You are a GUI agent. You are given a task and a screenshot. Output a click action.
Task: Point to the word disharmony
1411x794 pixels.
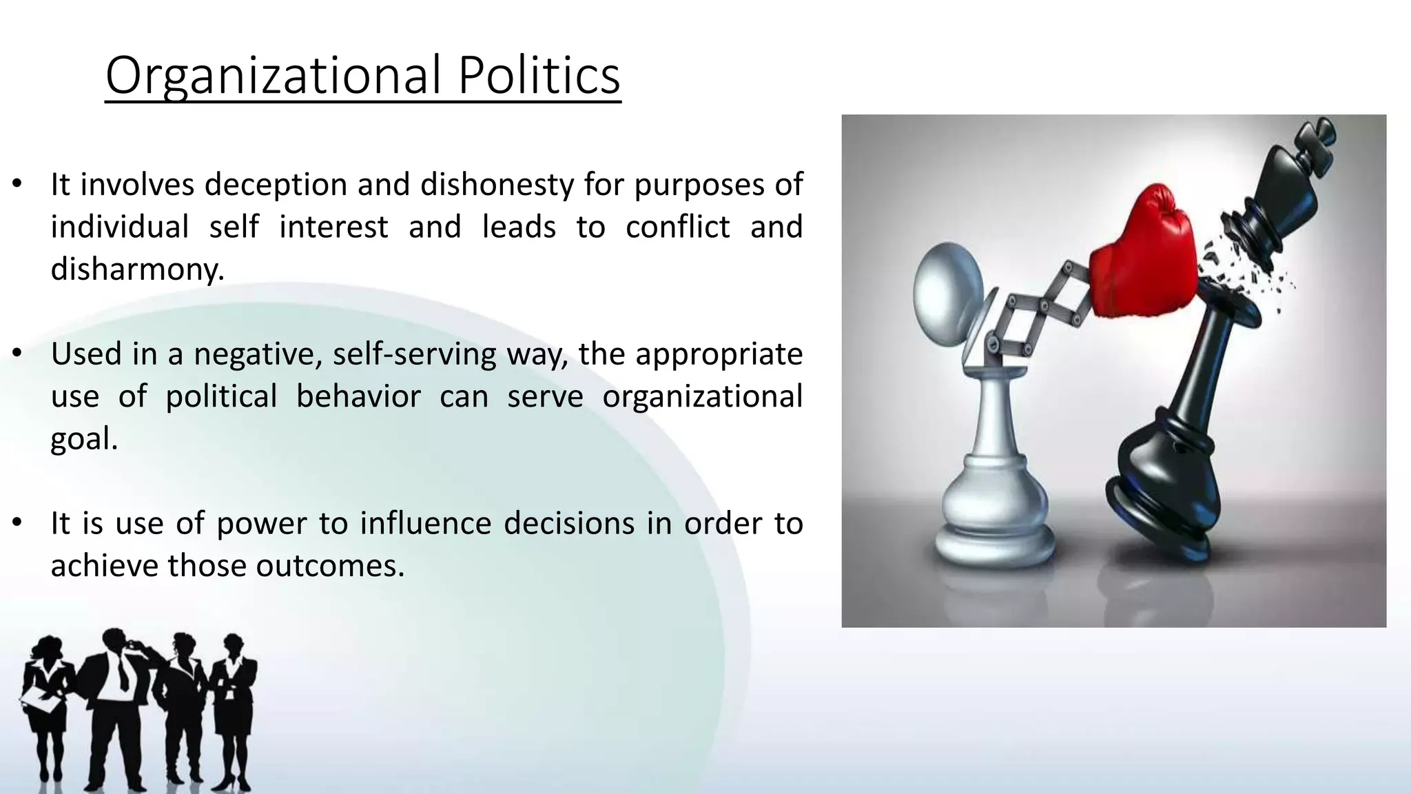coord(136,269)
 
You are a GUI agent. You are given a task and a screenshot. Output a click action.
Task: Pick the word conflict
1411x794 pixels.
coord(677,227)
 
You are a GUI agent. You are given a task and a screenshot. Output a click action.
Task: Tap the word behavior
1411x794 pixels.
coord(358,396)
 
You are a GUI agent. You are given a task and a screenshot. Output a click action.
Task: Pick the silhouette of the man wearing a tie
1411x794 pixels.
coord(114,703)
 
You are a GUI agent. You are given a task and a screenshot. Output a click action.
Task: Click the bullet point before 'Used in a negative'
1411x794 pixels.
coord(18,354)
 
